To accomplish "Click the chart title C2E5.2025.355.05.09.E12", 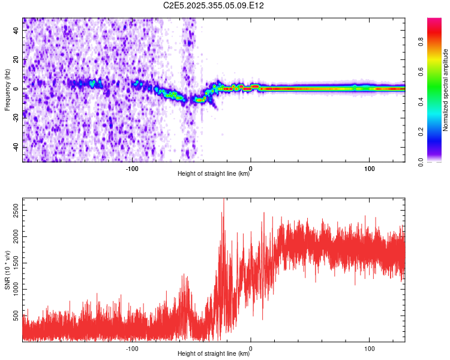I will tap(214, 5).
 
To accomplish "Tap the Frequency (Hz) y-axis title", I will tap(7, 90).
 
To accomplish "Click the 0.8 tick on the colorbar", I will tap(421, 42).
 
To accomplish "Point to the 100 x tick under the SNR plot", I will tap(370, 347).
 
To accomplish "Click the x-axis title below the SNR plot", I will tap(214, 354).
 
